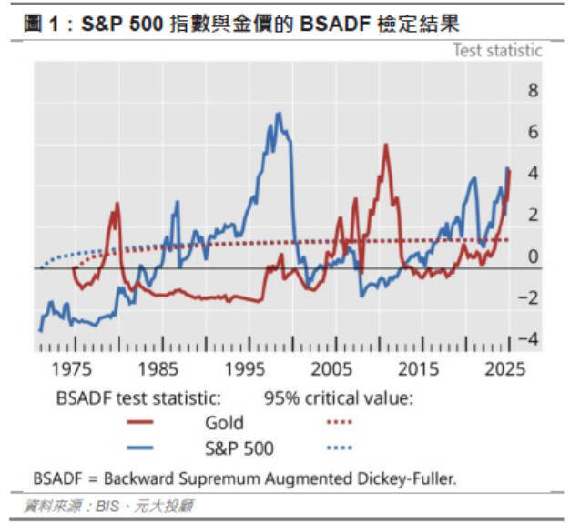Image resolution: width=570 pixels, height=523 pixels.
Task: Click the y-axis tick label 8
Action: point(533,90)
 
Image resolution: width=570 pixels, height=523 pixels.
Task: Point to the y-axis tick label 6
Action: point(533,132)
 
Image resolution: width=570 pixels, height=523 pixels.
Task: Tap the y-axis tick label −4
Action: point(527,339)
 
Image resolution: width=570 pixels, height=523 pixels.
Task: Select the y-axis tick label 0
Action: point(533,256)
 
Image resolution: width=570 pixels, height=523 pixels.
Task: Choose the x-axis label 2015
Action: point(421,369)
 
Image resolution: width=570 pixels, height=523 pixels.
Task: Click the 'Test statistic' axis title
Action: point(497,50)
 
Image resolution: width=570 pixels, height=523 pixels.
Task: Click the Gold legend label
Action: point(224,422)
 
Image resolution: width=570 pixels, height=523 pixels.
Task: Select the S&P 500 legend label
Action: point(239,448)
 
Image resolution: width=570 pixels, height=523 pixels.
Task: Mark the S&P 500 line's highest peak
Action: point(277,114)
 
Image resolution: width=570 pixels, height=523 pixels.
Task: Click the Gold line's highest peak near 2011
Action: point(386,145)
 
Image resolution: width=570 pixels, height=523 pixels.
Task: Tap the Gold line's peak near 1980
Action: point(117,203)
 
